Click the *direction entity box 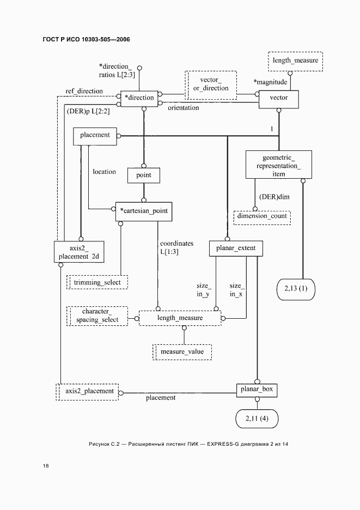[139, 98]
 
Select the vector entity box [278, 98]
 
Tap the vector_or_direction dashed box [211, 84]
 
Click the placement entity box [95, 136]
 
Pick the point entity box [144, 175]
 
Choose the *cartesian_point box [144, 211]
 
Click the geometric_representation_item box [278, 165]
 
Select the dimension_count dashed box [261, 216]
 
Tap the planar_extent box [236, 249]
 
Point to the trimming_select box [97, 282]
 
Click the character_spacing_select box [97, 317]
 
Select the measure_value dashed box [182, 352]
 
